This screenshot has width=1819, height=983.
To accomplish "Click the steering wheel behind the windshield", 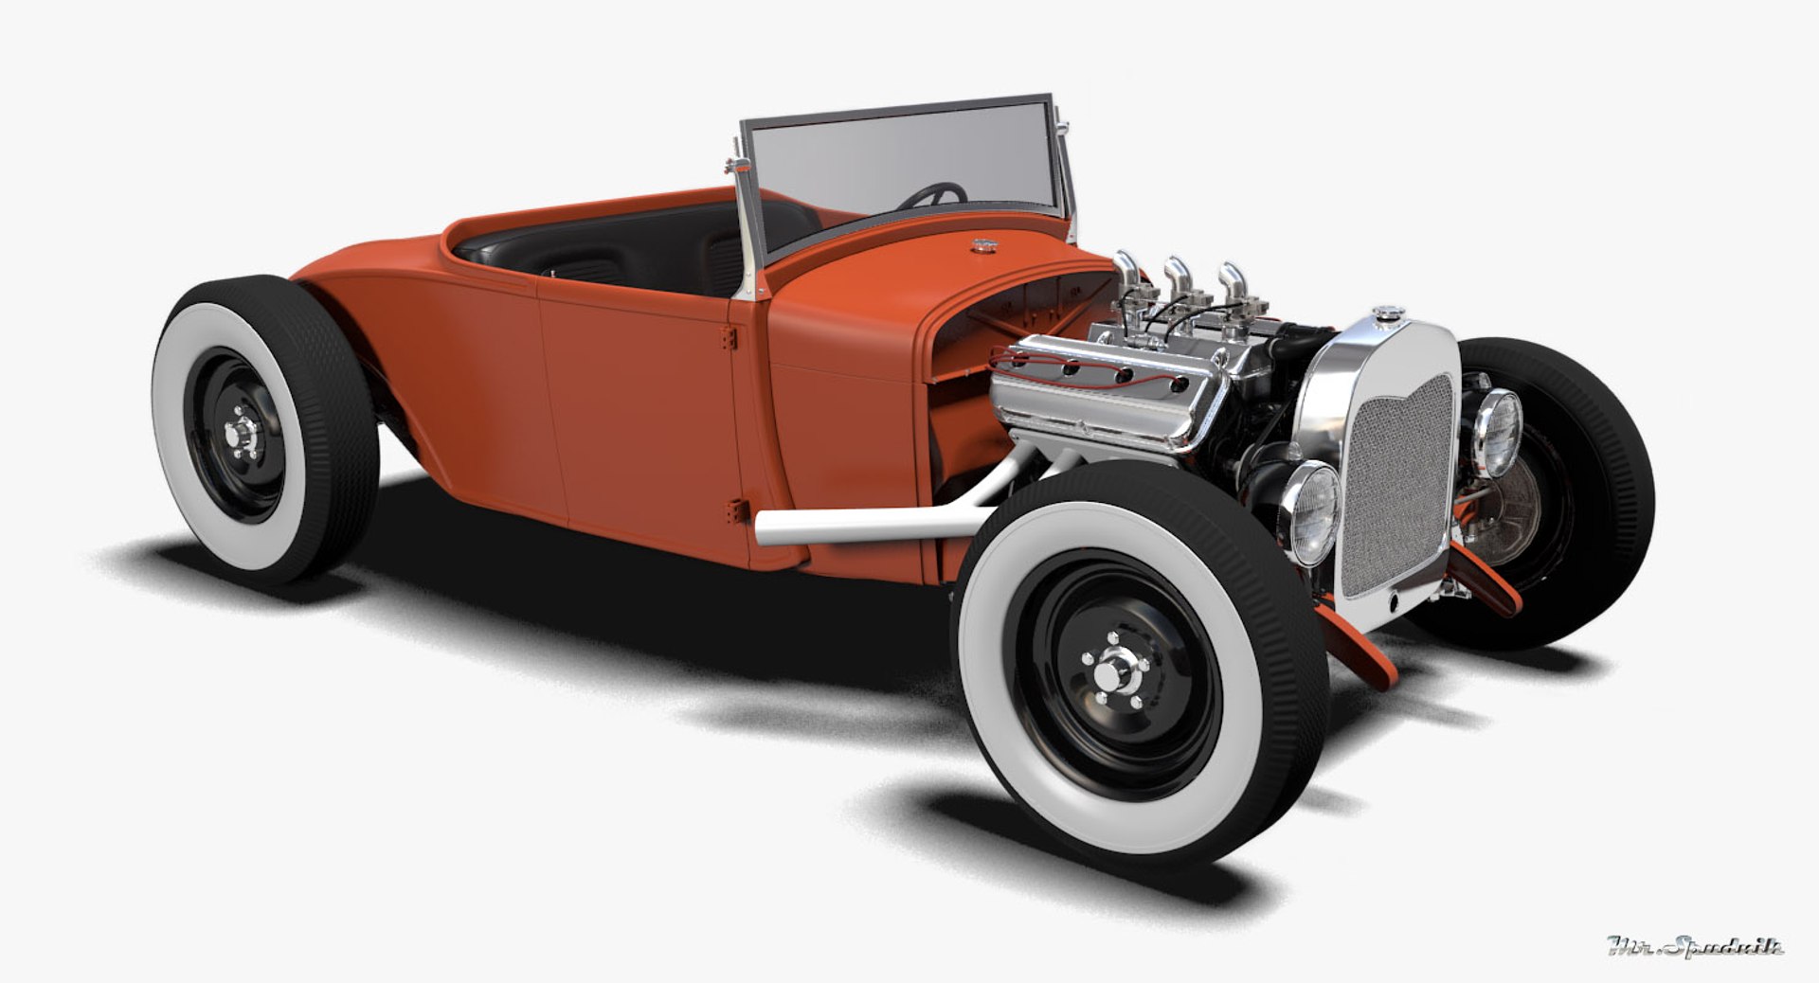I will tap(933, 195).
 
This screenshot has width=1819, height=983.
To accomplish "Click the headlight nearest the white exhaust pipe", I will tap(1312, 512).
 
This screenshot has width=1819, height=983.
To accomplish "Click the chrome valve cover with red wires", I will tap(1099, 388).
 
